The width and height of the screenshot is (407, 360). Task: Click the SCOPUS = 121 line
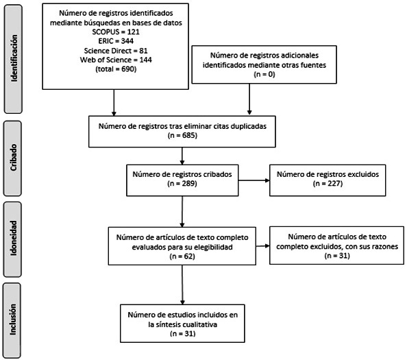(x=116, y=32)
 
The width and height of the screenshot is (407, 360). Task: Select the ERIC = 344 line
(x=116, y=41)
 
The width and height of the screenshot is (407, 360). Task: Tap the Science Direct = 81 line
(x=116, y=50)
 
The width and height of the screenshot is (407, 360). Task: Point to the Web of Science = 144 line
(x=116, y=60)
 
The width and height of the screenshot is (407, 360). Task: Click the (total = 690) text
(x=116, y=69)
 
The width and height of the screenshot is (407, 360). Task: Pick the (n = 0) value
(x=264, y=74)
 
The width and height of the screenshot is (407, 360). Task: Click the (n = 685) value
(x=182, y=135)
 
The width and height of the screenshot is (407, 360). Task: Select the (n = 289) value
(x=182, y=184)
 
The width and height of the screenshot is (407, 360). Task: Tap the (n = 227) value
(x=328, y=183)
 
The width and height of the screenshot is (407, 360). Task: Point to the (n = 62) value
(x=182, y=256)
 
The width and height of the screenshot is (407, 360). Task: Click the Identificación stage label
(x=14, y=58)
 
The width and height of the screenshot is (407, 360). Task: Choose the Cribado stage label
(x=14, y=158)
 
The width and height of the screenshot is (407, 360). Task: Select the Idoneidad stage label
(x=13, y=238)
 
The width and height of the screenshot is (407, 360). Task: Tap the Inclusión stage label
(x=13, y=320)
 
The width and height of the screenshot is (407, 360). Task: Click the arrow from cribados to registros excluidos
(x=254, y=180)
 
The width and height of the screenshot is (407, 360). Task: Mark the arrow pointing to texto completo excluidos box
(x=262, y=245)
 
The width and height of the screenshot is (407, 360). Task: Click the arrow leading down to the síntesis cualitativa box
(x=182, y=285)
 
